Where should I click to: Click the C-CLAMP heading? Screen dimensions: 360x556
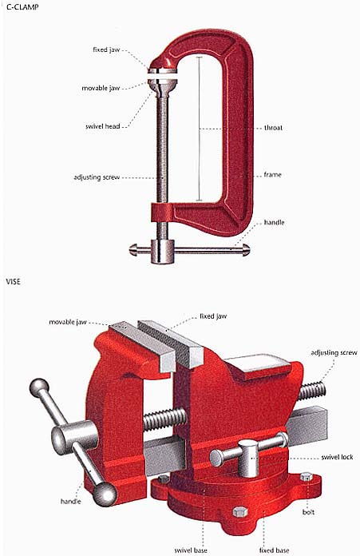point(22,6)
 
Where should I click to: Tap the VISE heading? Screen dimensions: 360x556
point(13,281)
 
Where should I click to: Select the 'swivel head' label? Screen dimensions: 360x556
point(103,126)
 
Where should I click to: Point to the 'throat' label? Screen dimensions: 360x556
point(273,128)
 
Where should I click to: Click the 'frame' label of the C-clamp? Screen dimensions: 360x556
point(272,174)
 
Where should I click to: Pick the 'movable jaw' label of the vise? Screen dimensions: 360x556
point(68,322)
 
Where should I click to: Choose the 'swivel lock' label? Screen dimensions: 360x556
point(337,457)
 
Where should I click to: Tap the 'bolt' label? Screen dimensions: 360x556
point(308,512)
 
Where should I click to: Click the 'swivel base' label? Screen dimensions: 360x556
point(191,550)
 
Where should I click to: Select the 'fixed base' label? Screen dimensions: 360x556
point(274,550)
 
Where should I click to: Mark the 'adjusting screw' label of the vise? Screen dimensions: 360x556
point(334,352)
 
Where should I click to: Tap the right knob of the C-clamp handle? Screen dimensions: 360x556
point(246,249)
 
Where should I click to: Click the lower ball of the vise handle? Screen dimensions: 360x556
point(105,494)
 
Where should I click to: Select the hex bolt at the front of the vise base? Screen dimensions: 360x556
point(240,511)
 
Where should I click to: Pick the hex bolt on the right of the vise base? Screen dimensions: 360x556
point(307,477)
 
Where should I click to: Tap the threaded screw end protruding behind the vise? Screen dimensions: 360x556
point(312,391)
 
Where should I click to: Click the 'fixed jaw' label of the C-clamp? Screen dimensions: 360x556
point(106,50)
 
